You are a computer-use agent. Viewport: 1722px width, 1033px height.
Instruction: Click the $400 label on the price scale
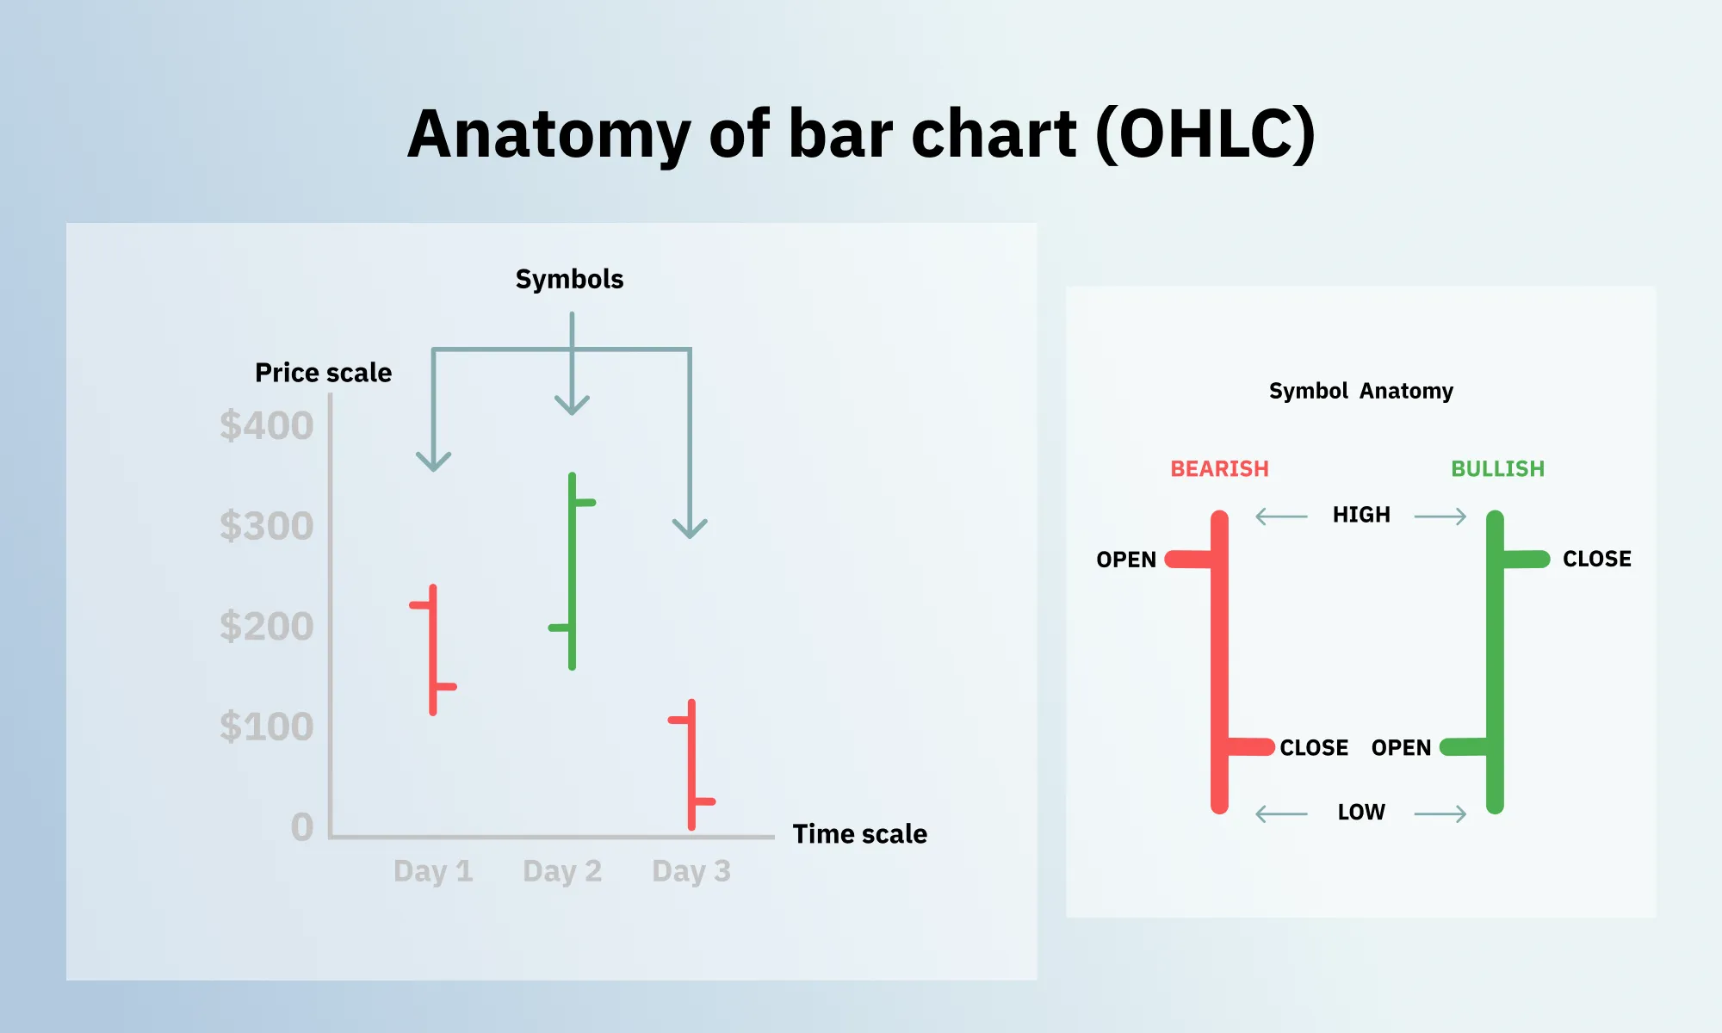(266, 426)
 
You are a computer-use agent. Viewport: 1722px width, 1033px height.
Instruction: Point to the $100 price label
(266, 727)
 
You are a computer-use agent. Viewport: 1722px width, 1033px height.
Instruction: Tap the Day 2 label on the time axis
(562, 871)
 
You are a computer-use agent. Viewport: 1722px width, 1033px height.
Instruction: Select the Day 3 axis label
(691, 871)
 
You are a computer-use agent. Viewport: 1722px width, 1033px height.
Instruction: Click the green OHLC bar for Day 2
(573, 568)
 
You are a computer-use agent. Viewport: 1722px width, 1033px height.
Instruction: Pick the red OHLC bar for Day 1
(433, 650)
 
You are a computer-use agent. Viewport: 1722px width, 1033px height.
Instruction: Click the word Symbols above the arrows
(569, 279)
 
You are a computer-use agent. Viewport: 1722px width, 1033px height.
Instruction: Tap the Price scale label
(323, 373)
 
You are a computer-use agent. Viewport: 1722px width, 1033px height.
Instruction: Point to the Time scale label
(859, 834)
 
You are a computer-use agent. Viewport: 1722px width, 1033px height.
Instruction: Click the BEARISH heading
(1219, 469)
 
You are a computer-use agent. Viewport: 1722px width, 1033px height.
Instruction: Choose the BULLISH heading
(1497, 469)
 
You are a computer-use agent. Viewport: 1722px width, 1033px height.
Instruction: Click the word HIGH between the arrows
(1361, 515)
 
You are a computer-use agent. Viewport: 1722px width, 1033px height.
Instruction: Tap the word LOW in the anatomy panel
(1361, 812)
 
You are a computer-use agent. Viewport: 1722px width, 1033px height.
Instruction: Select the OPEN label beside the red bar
(1125, 560)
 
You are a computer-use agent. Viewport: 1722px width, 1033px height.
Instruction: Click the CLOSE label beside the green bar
(1596, 559)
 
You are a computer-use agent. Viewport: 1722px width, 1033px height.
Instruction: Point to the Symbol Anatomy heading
(1360, 391)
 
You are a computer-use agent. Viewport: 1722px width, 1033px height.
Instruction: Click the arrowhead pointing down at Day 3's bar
(690, 529)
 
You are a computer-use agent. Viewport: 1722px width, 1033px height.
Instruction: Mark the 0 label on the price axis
(302, 827)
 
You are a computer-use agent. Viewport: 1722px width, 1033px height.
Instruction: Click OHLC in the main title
(1205, 135)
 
